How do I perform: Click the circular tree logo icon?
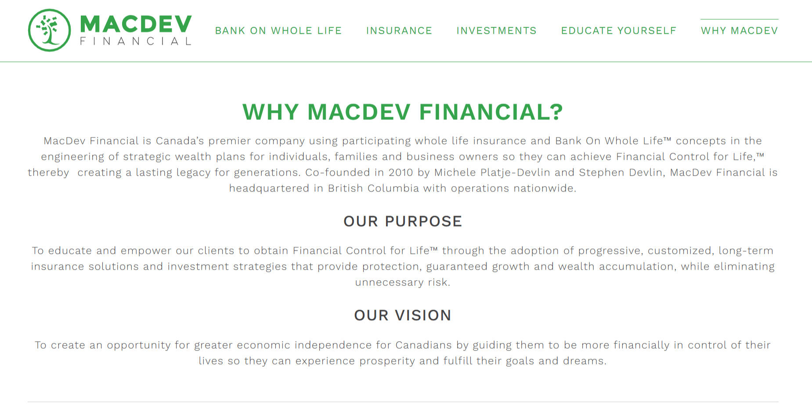point(49,30)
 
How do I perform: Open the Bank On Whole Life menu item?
point(278,31)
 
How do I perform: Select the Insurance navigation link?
point(399,31)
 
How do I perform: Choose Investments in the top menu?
point(496,31)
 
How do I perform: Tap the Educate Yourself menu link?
point(618,31)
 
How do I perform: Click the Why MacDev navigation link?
point(739,31)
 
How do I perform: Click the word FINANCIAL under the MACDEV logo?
point(136,41)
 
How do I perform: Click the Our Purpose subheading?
point(403,221)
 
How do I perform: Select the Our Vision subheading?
point(403,315)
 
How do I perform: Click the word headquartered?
point(269,188)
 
